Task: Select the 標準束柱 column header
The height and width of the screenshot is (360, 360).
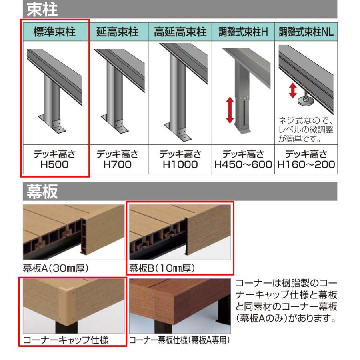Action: tap(54, 32)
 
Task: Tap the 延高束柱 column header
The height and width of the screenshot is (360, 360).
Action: tap(117, 32)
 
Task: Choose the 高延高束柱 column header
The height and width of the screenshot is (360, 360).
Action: tap(180, 32)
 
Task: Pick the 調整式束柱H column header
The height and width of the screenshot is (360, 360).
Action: tap(243, 32)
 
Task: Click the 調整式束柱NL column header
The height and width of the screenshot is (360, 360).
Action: tap(306, 32)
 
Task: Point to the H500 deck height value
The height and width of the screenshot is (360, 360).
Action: tap(54, 164)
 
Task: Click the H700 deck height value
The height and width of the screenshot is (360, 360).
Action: tap(117, 164)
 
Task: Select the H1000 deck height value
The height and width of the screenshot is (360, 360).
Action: tap(180, 164)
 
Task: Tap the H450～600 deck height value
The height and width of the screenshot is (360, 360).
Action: tap(243, 164)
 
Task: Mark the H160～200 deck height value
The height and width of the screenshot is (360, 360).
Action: tap(306, 164)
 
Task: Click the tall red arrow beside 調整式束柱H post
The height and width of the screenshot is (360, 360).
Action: tap(230, 110)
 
